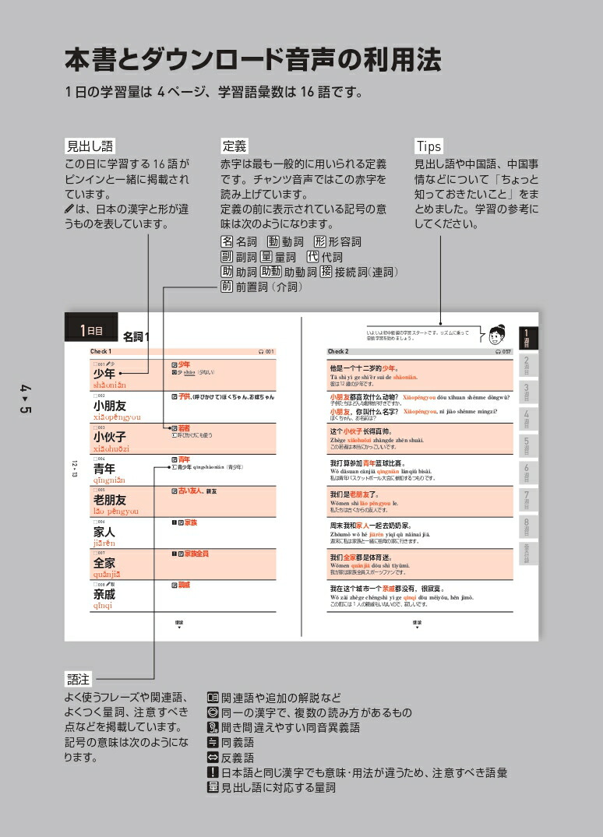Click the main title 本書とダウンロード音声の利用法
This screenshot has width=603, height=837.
pos(252,59)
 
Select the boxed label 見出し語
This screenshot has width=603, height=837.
pos(90,146)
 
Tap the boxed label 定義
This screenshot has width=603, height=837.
pos(235,146)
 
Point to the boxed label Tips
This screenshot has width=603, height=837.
pos(428,146)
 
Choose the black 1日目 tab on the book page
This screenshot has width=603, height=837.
pos(91,330)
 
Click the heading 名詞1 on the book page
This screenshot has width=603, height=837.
pos(137,336)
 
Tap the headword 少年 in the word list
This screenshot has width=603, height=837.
pos(104,374)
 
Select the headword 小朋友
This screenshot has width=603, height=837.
pos(110,406)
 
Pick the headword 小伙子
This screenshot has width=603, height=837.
pos(110,437)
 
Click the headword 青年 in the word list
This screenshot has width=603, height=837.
pos(104,469)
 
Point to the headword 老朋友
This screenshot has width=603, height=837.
pos(110,500)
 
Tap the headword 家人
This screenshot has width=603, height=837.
pos(104,532)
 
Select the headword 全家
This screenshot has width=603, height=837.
pos(104,563)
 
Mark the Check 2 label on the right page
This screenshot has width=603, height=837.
pos(338,352)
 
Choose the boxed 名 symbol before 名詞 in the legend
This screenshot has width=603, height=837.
pos(227,241)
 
